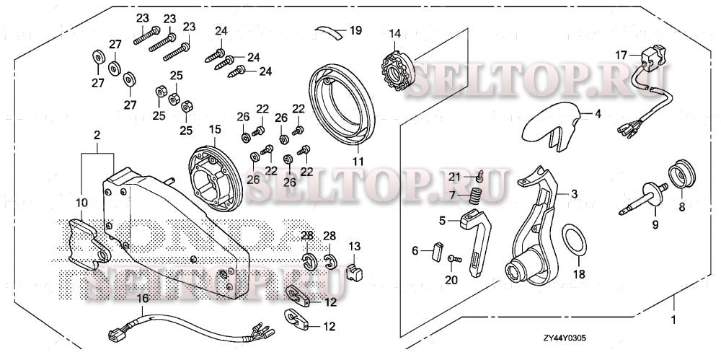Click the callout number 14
pos(394,34)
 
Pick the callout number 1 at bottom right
pos(673,319)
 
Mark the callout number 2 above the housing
pos(97,134)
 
